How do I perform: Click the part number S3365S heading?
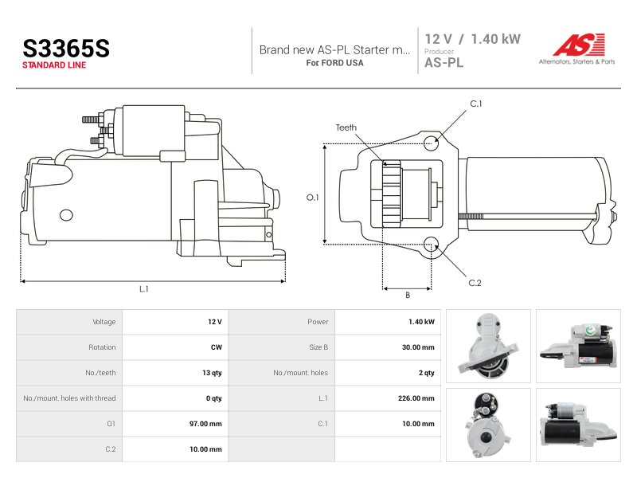(66, 49)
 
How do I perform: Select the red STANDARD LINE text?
(54, 65)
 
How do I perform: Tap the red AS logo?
(579, 45)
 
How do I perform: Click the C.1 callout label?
(475, 104)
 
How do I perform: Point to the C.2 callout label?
(475, 283)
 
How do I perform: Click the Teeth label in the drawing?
(346, 127)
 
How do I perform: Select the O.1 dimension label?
(312, 198)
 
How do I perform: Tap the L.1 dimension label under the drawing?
(144, 289)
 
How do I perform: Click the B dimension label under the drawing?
(408, 295)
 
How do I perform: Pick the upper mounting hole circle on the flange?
(431, 143)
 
